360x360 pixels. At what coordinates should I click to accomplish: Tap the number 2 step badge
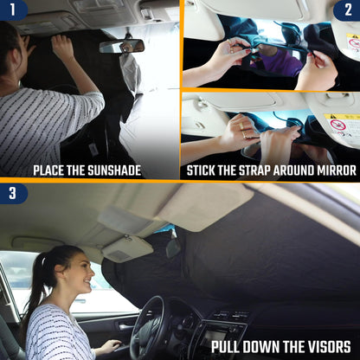click(347, 10)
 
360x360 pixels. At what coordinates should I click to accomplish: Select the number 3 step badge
click(12, 192)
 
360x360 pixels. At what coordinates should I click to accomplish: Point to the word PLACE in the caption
click(52, 170)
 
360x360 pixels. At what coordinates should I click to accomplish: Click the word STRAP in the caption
click(250, 170)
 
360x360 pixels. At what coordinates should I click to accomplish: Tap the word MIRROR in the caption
click(332, 170)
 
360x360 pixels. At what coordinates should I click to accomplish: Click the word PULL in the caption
click(231, 348)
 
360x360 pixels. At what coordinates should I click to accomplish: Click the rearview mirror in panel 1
click(121, 46)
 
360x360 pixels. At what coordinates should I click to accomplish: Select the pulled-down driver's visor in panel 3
click(127, 248)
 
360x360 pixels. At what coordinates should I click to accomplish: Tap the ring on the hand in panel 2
click(246, 135)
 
